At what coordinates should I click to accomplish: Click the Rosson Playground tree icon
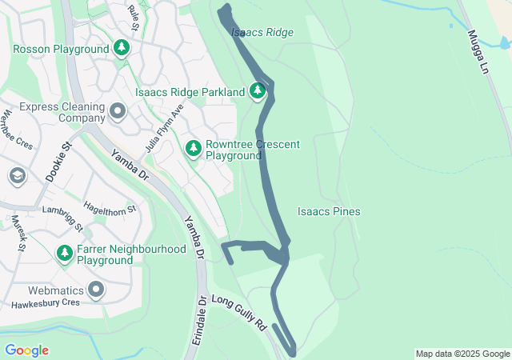point(122,49)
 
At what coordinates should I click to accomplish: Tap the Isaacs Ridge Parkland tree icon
point(258,92)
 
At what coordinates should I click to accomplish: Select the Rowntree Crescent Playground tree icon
point(194,149)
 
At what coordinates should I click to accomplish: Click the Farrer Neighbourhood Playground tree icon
point(65,254)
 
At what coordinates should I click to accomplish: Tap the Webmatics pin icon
point(96,290)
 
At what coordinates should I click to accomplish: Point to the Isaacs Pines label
point(329,212)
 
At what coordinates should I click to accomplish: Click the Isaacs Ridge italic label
point(262,33)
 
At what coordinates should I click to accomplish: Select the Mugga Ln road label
point(478,54)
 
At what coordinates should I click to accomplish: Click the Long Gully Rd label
point(238,313)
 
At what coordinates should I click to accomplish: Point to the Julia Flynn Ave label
point(165,129)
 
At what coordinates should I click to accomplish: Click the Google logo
point(26,350)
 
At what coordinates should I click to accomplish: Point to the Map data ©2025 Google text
point(462,354)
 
